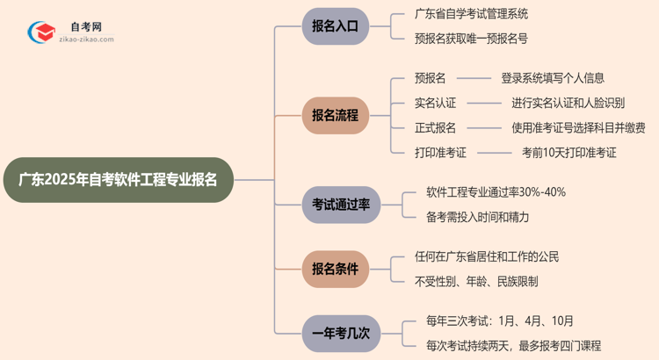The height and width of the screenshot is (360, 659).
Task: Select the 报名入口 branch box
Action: [335, 26]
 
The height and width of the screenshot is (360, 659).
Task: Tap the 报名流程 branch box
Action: [335, 115]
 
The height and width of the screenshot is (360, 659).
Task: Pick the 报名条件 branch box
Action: [335, 269]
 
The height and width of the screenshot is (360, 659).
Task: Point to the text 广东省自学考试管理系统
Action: [471, 14]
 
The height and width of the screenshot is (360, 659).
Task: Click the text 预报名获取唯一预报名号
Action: [471, 39]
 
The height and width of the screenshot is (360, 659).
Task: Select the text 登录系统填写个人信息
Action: [553, 78]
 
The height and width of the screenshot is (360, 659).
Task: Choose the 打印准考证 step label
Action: [440, 152]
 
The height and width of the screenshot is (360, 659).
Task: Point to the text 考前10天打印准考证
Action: [569, 152]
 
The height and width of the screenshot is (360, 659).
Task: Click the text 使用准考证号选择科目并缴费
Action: [578, 127]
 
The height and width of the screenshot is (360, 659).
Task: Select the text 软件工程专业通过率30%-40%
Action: [496, 192]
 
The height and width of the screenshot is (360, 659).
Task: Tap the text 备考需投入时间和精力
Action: [477, 217]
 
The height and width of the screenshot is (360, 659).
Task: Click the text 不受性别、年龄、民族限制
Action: [476, 282]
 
